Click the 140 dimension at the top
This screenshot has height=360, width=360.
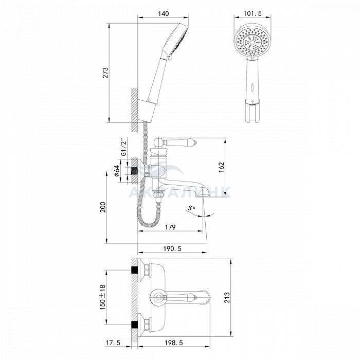point(163,14)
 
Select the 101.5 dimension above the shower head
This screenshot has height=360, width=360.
point(253,13)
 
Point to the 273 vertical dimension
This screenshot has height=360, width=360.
point(105,73)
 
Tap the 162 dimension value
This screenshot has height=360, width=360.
point(221,167)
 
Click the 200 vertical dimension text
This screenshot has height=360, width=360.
point(103,207)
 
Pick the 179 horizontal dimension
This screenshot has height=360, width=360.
point(170,227)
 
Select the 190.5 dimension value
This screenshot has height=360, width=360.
point(172,248)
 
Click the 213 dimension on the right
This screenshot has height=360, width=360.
point(227,298)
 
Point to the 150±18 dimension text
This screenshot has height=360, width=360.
point(103,297)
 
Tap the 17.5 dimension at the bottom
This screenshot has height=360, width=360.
point(113,343)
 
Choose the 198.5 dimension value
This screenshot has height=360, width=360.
point(174,343)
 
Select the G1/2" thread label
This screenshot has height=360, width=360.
point(124,147)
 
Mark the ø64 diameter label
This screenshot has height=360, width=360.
point(117,171)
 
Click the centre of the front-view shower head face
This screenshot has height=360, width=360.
point(253,42)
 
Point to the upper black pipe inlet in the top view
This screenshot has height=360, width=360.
point(134,270)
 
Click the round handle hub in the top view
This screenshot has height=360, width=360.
point(158,298)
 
